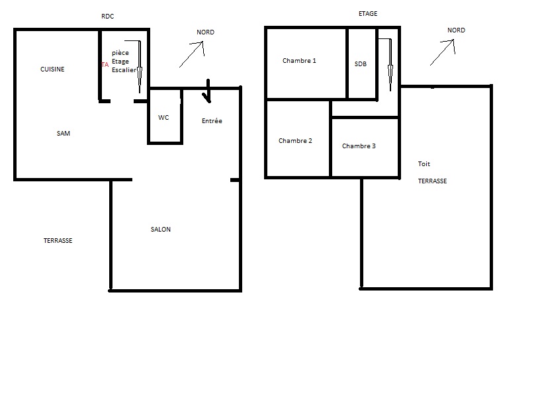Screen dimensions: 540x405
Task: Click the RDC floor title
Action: tap(107, 16)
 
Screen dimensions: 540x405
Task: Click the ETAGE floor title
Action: tap(368, 14)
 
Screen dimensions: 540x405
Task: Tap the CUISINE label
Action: tap(52, 69)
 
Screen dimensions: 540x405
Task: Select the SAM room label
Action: tap(64, 133)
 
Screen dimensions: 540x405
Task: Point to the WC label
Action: tap(163, 117)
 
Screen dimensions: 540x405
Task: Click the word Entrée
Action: tap(212, 120)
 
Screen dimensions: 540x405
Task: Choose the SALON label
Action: tap(161, 230)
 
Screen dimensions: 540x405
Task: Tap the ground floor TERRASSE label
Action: tap(58, 241)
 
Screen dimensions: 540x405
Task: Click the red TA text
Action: tap(105, 65)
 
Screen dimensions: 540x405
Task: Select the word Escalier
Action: tap(124, 70)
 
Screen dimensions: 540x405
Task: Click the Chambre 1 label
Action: tap(299, 61)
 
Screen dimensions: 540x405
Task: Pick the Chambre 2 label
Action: tap(295, 140)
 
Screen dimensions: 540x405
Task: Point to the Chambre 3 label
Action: tap(359, 146)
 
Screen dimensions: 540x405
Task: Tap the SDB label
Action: tap(361, 64)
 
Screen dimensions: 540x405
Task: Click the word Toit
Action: tap(424, 164)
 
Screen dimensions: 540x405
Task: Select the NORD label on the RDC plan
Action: tap(206, 32)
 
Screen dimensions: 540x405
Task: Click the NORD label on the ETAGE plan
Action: tap(457, 30)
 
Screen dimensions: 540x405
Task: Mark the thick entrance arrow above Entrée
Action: tap(208, 91)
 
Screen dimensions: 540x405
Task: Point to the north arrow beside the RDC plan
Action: tap(191, 54)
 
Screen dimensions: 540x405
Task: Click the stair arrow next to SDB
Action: tap(390, 65)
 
